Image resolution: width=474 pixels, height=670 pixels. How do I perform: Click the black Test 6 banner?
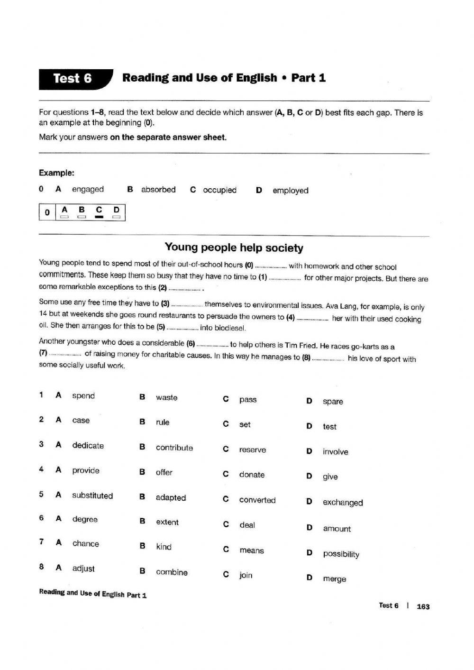pos(73,79)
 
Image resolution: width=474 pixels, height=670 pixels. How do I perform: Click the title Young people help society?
pos(234,248)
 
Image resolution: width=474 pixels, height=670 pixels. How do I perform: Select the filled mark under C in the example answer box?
pos(99,217)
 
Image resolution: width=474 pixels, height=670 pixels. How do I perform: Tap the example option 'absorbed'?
pos(158,190)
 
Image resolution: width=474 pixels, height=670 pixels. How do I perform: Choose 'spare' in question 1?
pos(333,402)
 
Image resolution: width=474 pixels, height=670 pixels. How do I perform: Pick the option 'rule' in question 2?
pos(163,422)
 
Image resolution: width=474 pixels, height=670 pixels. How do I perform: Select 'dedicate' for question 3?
pos(88,445)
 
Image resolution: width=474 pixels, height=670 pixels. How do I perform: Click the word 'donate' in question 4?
pos(252,475)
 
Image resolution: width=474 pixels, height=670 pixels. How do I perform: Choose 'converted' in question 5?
pos(257,500)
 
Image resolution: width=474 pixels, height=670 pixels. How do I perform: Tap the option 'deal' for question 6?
pos(247,525)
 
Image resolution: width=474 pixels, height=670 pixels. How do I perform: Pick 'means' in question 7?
pos(252,551)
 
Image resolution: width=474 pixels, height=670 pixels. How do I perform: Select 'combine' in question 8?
pos(172,572)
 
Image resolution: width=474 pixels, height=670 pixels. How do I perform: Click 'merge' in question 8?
pos(334,579)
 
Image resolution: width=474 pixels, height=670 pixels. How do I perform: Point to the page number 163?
pos(423,606)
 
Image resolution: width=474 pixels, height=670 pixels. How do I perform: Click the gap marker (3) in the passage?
pos(165,303)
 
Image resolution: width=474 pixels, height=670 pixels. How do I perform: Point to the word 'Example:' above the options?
pos(56,173)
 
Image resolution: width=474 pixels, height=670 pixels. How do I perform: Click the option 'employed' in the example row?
pos(290,191)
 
